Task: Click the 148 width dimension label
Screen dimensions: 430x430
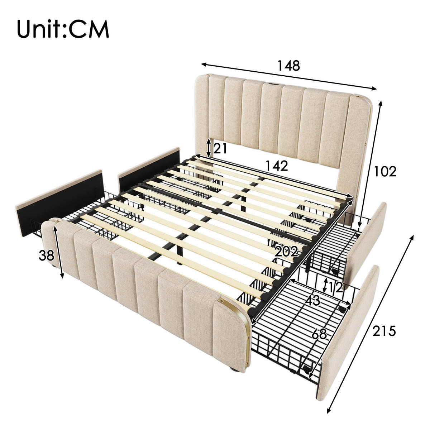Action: click(x=288, y=66)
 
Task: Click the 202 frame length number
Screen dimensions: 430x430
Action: click(x=286, y=252)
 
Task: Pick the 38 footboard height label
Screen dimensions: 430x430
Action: click(x=46, y=256)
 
